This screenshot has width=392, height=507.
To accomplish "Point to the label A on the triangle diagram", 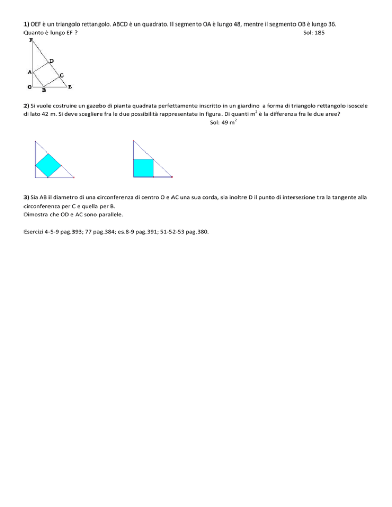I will (30, 72).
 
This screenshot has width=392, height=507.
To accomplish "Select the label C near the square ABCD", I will (61, 75).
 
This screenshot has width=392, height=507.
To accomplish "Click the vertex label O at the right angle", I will (30, 87).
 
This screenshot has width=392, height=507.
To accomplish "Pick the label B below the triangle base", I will (44, 91).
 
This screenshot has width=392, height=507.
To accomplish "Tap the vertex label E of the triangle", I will (70, 87).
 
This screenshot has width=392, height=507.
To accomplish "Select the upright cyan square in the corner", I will (143, 168).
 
